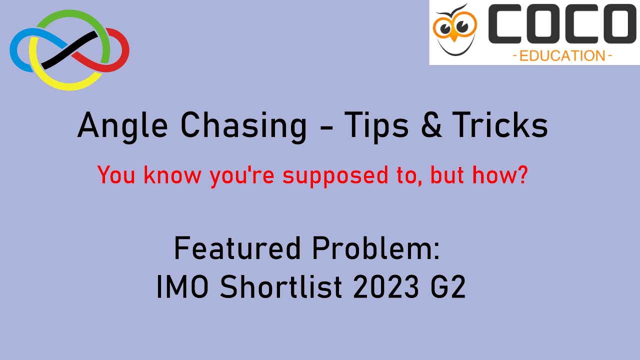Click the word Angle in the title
[x=115, y=125]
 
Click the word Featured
[x=234, y=248]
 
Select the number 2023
[x=381, y=287]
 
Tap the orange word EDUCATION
[x=562, y=55]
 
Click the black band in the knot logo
[x=69, y=50]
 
